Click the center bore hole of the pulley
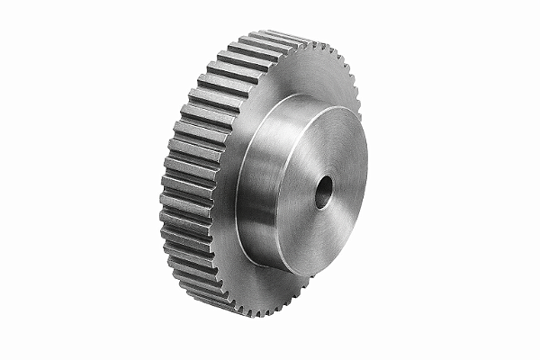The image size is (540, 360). pos(322,190)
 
